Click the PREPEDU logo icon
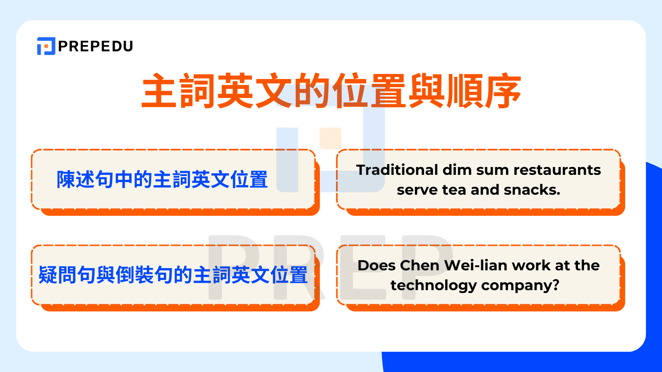pos(46,46)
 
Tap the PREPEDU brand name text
pos(96,46)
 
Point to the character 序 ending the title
pos(503,91)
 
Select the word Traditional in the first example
pos(397,170)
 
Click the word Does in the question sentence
pos(377,265)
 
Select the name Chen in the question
pos(420,265)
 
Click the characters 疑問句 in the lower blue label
pos(67,275)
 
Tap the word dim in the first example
pos(457,170)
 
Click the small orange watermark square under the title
pos(331,138)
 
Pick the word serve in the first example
pos(417,190)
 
